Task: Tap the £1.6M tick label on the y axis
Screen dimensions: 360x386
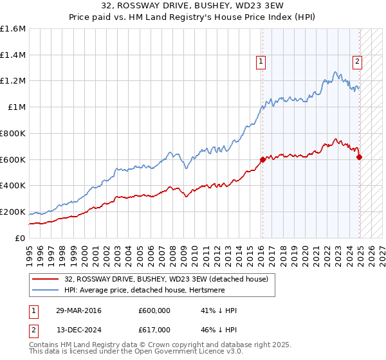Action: (x=13, y=29)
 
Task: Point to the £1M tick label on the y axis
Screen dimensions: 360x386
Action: (x=17, y=107)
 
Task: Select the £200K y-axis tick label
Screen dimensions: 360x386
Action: (x=13, y=212)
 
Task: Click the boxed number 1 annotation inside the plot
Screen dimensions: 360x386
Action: (x=261, y=62)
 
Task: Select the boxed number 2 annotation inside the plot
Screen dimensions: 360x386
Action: (x=357, y=62)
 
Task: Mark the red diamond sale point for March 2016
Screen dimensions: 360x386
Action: (x=262, y=159)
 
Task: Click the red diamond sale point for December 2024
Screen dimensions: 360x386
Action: (x=359, y=157)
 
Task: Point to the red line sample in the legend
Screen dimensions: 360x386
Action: (x=46, y=278)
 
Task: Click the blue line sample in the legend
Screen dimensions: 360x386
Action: (x=46, y=290)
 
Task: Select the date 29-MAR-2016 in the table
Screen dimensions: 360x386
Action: (x=78, y=310)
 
